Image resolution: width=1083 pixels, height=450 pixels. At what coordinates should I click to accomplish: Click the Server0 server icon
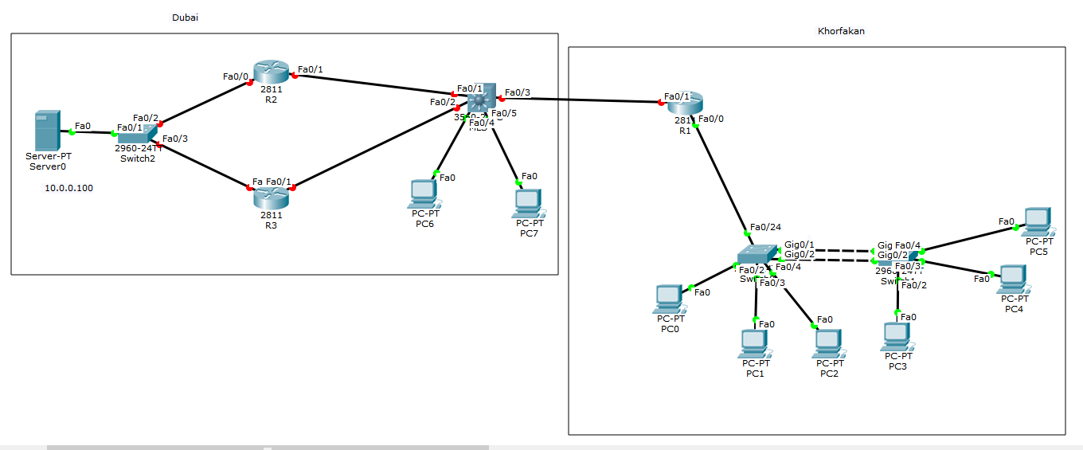tap(47, 131)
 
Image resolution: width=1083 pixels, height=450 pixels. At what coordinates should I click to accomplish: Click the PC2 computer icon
tap(829, 343)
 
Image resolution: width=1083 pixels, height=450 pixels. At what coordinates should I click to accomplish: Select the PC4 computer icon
tap(1013, 278)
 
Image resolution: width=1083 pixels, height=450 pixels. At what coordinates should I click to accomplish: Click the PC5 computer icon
tap(1038, 221)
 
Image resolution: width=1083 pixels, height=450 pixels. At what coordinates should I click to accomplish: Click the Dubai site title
tap(185, 18)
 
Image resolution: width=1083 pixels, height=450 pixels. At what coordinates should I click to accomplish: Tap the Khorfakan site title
tap(841, 31)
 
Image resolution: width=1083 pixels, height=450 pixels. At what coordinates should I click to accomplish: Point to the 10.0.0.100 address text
tap(69, 188)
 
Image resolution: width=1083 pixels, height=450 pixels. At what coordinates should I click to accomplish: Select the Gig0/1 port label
tap(800, 244)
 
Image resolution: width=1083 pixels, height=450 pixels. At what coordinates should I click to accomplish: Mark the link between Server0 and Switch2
tap(93, 133)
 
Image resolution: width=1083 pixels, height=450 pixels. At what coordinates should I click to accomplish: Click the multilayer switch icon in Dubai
tap(481, 100)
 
